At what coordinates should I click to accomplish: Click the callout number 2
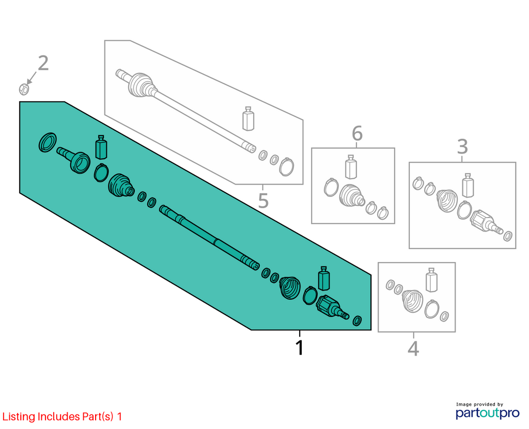coord(43,64)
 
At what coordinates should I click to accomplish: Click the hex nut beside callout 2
coord(24,89)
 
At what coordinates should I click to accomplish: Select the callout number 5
coord(263,201)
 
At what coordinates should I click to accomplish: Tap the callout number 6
coord(357,133)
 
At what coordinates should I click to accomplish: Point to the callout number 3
coord(462,146)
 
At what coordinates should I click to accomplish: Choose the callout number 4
coord(414,348)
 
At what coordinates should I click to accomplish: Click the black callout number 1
coord(300,347)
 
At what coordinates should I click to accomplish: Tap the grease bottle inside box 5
coord(248,118)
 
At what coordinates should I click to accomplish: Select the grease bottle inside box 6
coord(351,167)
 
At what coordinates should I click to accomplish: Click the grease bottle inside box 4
coord(431,280)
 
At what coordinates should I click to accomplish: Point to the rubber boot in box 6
coord(351,195)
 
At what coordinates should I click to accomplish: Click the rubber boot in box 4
coord(413,300)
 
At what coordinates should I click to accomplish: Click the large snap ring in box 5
coord(286,167)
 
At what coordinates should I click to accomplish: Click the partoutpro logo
coord(488,411)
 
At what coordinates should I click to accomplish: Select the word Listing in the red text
coord(19,417)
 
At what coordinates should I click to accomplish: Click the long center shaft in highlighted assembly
coord(210,238)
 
